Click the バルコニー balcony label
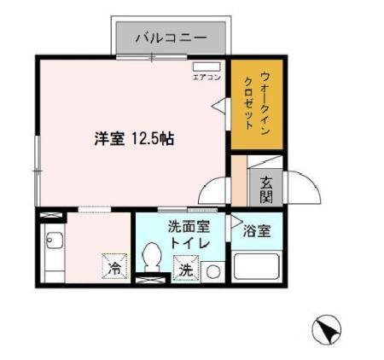171,38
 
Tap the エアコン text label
205,78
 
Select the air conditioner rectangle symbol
206,67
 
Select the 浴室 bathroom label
257,229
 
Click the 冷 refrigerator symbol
113,267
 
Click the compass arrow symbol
329,328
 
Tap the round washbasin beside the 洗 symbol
212,271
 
